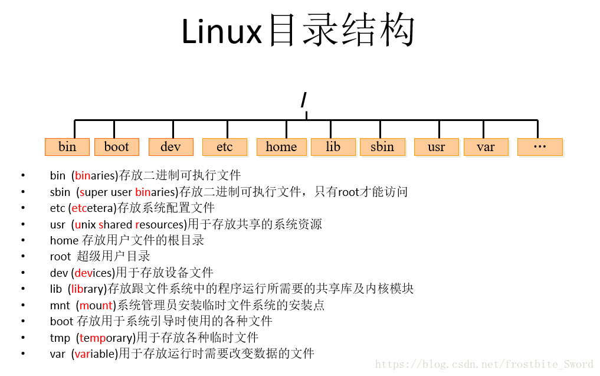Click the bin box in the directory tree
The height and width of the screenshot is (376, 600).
(x=67, y=147)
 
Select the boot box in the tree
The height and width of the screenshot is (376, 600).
(x=116, y=147)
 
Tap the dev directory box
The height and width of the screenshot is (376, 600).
(x=171, y=147)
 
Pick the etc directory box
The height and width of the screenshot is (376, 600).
(x=224, y=147)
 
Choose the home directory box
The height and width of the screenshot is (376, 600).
(x=281, y=147)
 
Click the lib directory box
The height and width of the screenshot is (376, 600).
(x=333, y=147)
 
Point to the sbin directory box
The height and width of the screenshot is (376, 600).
(x=382, y=147)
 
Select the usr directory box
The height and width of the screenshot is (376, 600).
(x=437, y=147)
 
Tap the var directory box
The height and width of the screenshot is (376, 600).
(x=486, y=147)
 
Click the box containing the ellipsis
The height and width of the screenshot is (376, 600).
(x=540, y=147)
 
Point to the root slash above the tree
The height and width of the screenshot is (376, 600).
(x=304, y=100)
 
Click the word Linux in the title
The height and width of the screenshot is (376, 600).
(x=221, y=32)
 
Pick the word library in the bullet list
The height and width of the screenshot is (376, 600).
(x=87, y=289)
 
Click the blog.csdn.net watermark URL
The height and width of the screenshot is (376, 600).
(x=484, y=365)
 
